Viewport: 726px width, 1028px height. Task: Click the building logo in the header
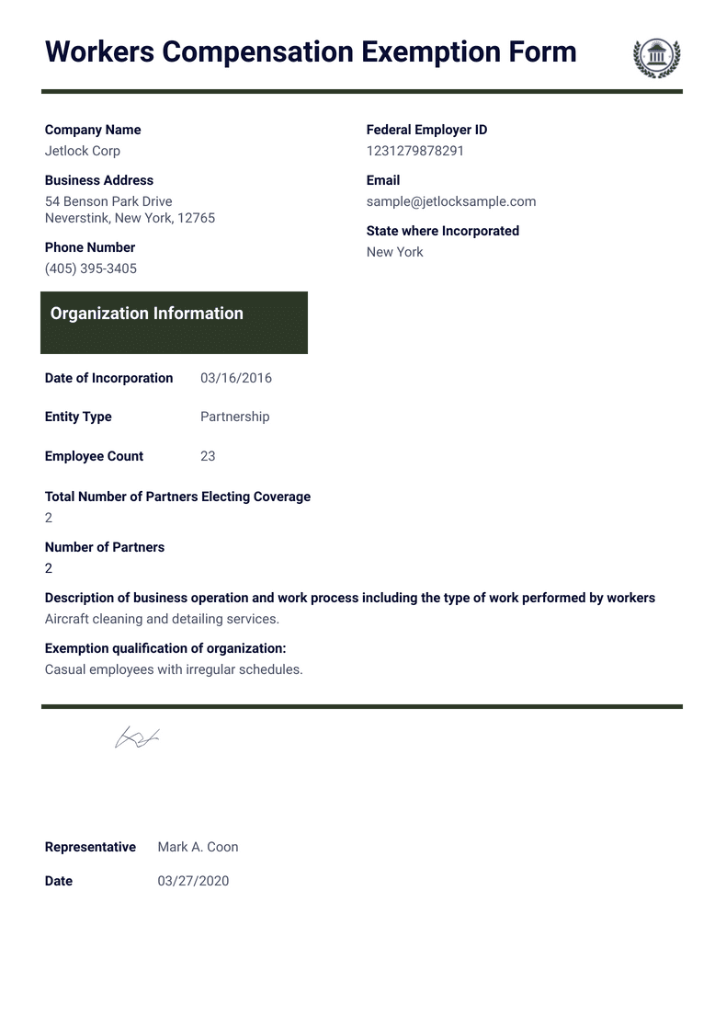point(656,57)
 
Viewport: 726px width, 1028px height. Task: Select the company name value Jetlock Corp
point(83,151)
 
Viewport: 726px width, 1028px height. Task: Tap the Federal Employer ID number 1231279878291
point(415,151)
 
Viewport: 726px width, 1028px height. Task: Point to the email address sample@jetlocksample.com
point(451,201)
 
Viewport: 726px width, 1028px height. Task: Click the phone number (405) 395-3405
point(91,268)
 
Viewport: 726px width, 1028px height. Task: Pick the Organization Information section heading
point(147,314)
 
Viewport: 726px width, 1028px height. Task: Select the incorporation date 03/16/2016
point(236,378)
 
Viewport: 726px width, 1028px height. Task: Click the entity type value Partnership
point(235,417)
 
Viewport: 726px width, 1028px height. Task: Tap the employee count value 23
point(208,456)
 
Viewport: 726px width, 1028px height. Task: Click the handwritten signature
point(137,737)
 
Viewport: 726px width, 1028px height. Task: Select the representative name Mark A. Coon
point(198,847)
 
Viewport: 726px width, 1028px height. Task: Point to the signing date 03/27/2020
point(193,881)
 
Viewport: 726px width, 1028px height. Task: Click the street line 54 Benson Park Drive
point(108,201)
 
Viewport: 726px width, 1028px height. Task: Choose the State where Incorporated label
point(443,231)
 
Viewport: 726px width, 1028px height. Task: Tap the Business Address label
point(99,180)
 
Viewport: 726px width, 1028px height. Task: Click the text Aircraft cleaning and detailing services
point(162,619)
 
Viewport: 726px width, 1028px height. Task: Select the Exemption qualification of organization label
point(165,648)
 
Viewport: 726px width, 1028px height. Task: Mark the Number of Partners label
point(105,547)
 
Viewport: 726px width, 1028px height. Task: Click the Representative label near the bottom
point(90,847)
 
